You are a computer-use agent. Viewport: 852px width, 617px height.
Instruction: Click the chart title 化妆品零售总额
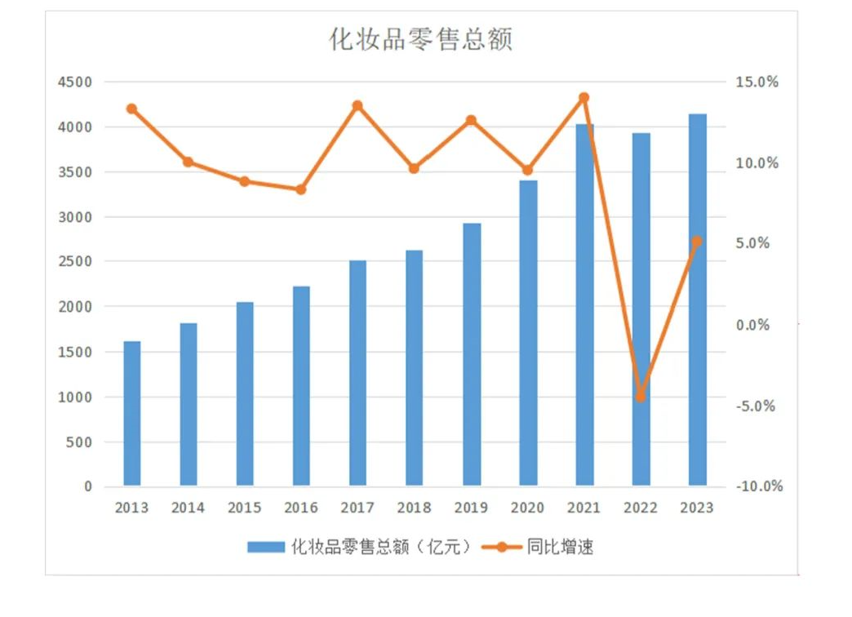pos(420,39)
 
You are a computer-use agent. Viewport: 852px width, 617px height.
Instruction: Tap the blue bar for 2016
pos(301,386)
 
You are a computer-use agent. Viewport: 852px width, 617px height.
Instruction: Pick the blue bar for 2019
pos(471,354)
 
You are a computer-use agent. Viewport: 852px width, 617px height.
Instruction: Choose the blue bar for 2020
pos(528,333)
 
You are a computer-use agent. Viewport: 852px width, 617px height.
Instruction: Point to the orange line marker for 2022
pos(641,397)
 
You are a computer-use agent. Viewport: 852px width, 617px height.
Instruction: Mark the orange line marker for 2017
pos(357,105)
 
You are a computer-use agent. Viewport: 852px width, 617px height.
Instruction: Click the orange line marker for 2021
pos(584,98)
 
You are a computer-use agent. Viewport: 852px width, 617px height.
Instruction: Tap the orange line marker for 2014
pos(189,162)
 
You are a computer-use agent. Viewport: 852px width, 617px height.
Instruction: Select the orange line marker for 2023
pos(697,242)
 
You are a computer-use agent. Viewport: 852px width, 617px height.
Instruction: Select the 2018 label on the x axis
pos(415,508)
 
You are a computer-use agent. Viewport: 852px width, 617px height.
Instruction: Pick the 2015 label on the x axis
pos(245,508)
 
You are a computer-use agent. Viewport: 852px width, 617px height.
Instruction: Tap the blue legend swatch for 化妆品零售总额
pos(267,547)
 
